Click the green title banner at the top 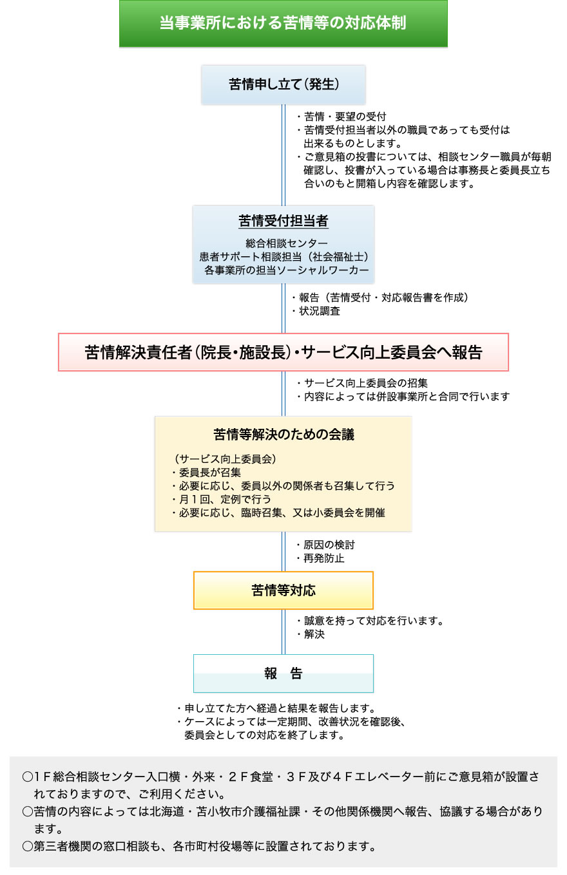coord(283,23)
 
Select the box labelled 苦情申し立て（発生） coord(283,84)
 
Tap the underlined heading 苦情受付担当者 coord(283,221)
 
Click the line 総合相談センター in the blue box coord(287,243)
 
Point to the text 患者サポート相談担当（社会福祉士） coord(284,257)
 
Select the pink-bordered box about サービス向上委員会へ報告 coord(283,352)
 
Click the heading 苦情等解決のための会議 coord(283,435)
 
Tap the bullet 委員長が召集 coord(206,472)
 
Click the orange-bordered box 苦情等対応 coord(283,590)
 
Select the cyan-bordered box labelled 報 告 coord(283,673)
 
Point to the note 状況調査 coord(316,311)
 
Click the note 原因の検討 coord(326,545)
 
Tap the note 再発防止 coord(321,558)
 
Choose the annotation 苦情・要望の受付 coord(341,117)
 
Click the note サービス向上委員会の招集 coord(363,383)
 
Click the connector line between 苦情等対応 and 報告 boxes coord(283,632)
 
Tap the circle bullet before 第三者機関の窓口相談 coord(27,847)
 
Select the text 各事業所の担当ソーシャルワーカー coord(287,270)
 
